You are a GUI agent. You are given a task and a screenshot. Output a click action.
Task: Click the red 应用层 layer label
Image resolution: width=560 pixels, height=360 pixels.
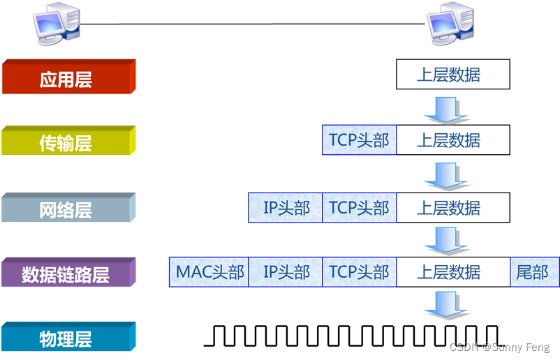click(66, 78)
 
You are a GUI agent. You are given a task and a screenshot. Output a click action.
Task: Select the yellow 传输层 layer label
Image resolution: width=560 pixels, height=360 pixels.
click(66, 143)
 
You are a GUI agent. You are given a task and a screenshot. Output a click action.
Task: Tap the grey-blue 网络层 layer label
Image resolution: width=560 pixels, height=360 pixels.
click(66, 209)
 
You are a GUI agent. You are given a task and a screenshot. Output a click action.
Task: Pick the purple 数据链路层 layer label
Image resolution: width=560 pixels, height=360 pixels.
click(66, 273)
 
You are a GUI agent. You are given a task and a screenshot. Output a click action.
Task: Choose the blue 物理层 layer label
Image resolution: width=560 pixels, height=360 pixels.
click(66, 339)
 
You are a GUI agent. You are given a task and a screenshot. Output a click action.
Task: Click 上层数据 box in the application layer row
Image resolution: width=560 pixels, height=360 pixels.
click(452, 75)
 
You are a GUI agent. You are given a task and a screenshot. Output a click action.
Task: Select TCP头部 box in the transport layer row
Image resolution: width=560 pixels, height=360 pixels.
click(359, 140)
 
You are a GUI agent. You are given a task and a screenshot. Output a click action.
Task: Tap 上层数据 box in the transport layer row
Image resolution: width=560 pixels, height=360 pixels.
click(452, 140)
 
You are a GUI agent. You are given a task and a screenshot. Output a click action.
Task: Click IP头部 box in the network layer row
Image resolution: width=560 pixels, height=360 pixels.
click(286, 207)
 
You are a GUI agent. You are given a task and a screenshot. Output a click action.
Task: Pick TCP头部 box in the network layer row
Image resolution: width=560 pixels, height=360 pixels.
click(359, 207)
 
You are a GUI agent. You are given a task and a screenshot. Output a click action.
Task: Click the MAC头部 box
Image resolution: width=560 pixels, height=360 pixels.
click(209, 272)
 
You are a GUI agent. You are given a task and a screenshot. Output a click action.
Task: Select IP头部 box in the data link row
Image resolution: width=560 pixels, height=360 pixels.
click(286, 272)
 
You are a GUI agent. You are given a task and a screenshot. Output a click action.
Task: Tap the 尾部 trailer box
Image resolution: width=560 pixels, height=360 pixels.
click(534, 272)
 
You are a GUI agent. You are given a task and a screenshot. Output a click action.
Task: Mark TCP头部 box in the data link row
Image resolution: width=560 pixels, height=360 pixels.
click(359, 272)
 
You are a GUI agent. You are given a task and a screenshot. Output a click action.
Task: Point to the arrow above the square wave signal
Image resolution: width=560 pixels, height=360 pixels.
click(442, 305)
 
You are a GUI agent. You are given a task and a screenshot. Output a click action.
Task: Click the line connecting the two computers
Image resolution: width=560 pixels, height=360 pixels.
click(251, 24)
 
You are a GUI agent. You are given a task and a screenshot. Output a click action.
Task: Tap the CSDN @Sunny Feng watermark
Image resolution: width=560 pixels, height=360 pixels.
click(499, 347)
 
